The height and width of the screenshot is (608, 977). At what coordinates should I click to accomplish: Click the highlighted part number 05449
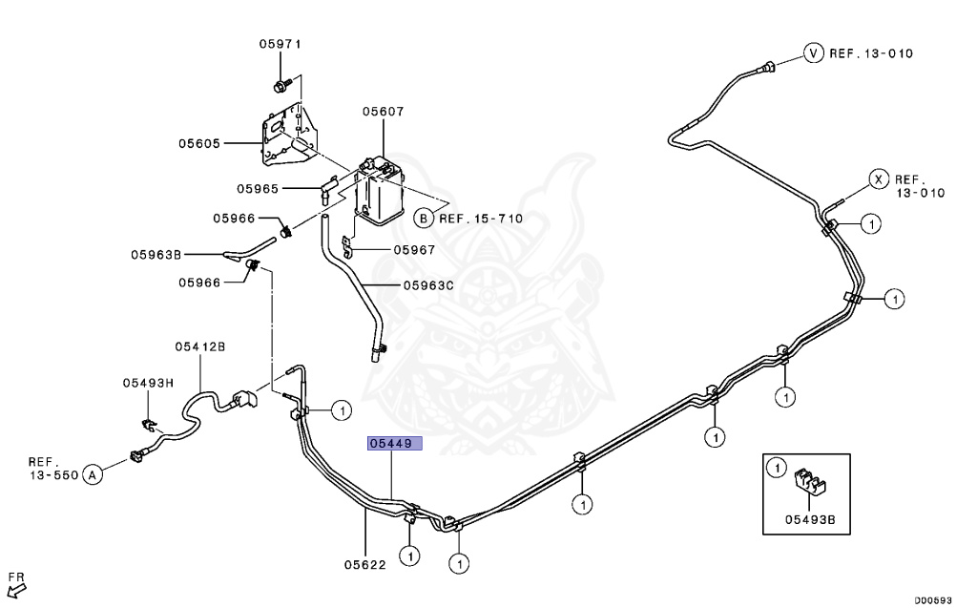[391, 444]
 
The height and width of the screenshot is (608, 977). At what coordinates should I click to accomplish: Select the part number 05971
[280, 44]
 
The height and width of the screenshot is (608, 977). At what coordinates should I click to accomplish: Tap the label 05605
[198, 143]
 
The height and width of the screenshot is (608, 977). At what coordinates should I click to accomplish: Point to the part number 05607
[382, 112]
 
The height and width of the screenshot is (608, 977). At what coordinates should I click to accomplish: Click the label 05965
[258, 189]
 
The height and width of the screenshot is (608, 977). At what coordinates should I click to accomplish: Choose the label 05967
[414, 250]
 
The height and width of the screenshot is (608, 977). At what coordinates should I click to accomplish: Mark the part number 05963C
[428, 284]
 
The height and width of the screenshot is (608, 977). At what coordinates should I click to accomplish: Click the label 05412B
[199, 346]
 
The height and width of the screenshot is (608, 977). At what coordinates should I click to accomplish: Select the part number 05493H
[148, 383]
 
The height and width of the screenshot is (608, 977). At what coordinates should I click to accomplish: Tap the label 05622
[364, 564]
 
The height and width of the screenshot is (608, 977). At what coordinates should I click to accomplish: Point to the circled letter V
[813, 52]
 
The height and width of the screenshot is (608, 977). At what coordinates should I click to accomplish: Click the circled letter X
[878, 178]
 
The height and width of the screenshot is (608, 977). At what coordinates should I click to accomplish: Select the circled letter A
[93, 473]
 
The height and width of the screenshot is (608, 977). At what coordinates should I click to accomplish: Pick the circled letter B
[423, 219]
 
